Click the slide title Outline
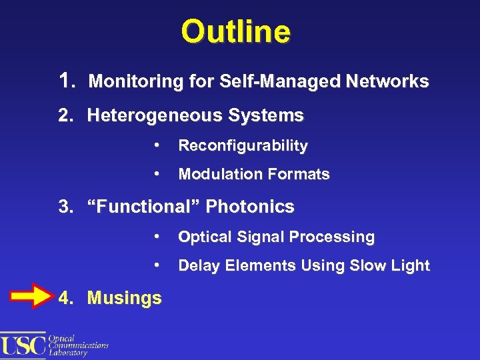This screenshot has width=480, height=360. [x=235, y=32]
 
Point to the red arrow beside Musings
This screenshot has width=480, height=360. [x=29, y=297]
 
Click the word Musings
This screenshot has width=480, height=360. [x=125, y=298]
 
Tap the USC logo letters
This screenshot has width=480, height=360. [x=23, y=345]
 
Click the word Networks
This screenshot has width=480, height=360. [x=388, y=82]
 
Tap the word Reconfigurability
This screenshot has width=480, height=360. [x=243, y=145]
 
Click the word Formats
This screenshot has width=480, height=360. [x=299, y=175]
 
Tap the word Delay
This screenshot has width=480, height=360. [x=198, y=265]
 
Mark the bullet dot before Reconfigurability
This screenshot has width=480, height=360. [x=155, y=145]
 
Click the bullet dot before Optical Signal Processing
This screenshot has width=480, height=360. [x=155, y=236]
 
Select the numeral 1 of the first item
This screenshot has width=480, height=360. [x=65, y=81]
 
